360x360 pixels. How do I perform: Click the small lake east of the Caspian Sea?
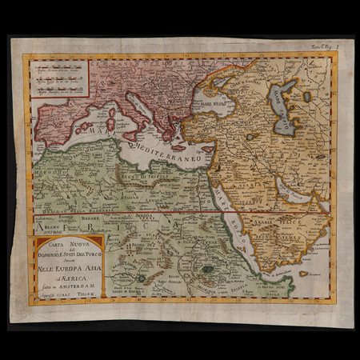tap(306, 97)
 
